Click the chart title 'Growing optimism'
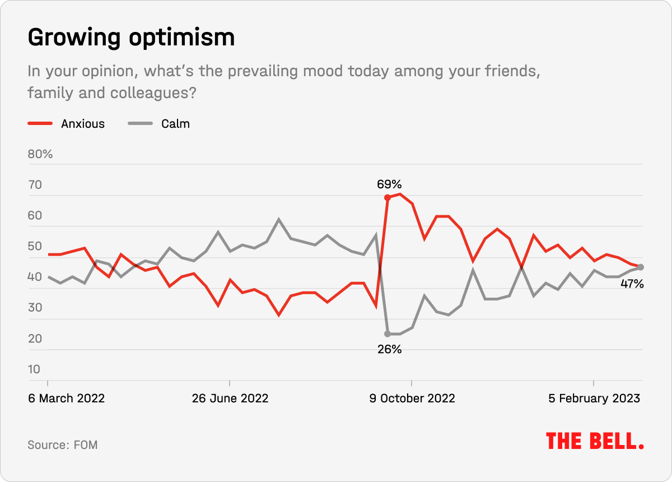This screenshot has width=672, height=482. (x=130, y=38)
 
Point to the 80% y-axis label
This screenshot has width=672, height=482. (x=40, y=154)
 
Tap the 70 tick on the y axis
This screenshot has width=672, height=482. (x=35, y=184)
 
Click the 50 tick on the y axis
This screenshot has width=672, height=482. (x=35, y=246)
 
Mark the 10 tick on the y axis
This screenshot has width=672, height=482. (x=35, y=369)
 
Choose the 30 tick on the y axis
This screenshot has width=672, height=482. (x=35, y=307)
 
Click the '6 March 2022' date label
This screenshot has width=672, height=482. (x=66, y=398)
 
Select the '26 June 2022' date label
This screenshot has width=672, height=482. (x=230, y=398)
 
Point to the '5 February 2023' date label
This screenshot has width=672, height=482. (x=594, y=398)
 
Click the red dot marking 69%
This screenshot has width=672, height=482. (x=387, y=197)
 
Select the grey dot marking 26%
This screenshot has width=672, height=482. (x=387, y=334)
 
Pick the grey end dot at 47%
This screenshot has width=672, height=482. (x=641, y=267)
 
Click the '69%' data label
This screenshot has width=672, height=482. (x=389, y=184)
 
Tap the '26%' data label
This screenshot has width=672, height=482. (x=389, y=349)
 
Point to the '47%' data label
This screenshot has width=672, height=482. (x=632, y=284)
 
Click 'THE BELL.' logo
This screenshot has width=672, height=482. (x=595, y=441)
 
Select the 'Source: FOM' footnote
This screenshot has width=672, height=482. (x=63, y=445)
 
